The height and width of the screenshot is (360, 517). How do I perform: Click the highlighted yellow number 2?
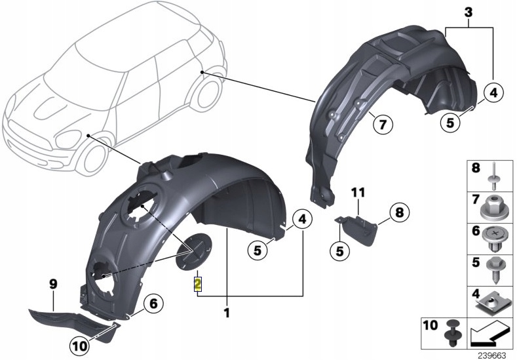pos(197,284)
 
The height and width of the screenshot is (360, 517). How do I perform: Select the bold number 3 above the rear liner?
pos(469,13)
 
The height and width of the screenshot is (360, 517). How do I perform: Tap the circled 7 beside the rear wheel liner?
pos(383,125)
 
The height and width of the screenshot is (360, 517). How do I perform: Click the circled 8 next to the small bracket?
pos(399,212)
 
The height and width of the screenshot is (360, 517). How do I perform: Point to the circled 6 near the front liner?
pos(153,303)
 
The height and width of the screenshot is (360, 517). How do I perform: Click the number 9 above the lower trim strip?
pos(53,284)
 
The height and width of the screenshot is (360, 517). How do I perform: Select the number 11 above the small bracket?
pos(358,192)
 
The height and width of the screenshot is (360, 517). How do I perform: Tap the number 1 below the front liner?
pos(227,313)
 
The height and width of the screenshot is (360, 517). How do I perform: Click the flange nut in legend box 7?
pos(493,209)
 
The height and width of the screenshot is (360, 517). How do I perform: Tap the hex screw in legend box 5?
pos(493,270)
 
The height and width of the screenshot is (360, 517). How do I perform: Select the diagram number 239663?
pos(493,355)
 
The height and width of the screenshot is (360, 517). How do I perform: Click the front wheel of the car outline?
pos(94,159)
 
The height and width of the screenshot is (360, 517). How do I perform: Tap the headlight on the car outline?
pos(69,140)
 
